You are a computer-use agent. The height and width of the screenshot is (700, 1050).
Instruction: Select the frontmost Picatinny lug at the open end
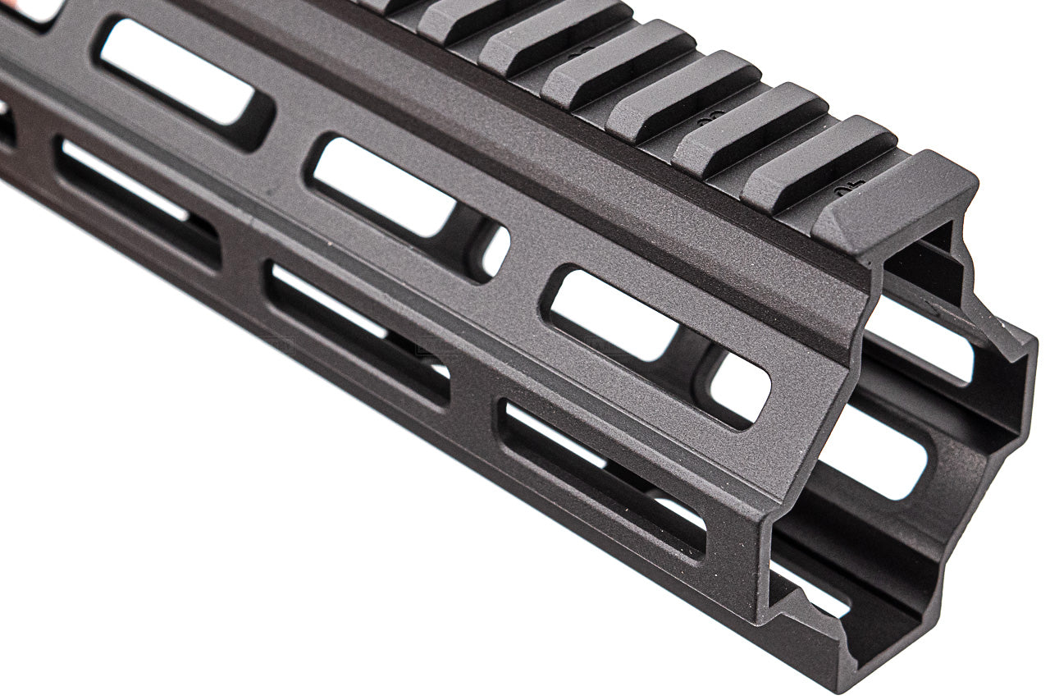pos(894,201)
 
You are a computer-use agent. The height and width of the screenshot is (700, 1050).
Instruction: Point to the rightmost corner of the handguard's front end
pos(1032,345)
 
